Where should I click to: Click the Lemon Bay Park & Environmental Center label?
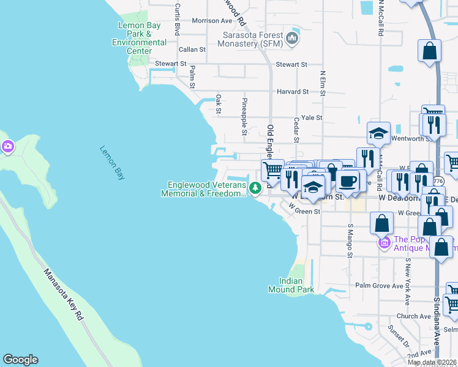click(x=140, y=38)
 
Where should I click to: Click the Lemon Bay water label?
click(x=111, y=163)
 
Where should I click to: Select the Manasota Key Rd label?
click(x=64, y=287)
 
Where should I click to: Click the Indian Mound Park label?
click(x=291, y=285)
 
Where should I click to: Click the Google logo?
click(x=20, y=360)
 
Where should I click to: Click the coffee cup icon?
click(x=348, y=181)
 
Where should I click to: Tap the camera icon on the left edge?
click(x=7, y=146)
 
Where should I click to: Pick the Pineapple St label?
click(x=244, y=116)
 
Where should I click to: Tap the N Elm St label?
click(x=322, y=84)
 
